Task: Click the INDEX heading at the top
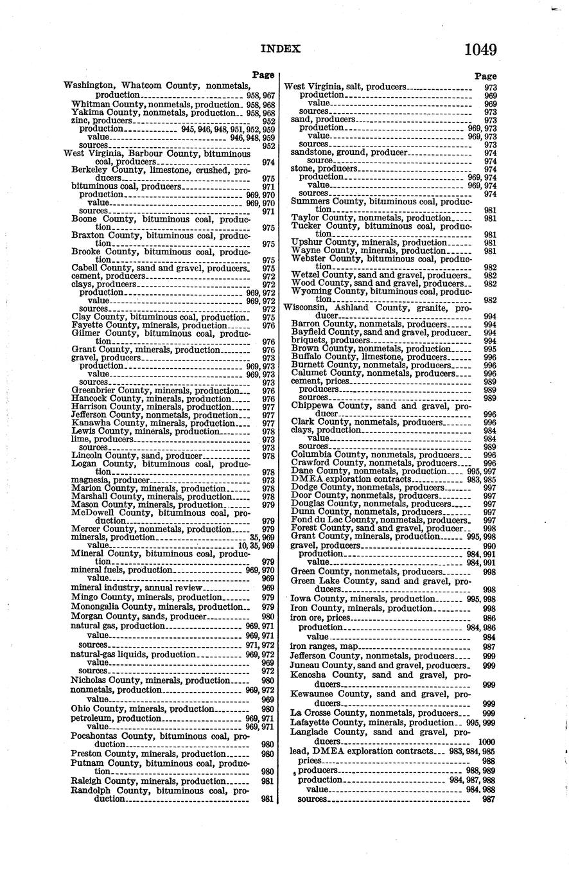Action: click(x=280, y=49)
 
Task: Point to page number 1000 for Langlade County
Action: click(x=486, y=741)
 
